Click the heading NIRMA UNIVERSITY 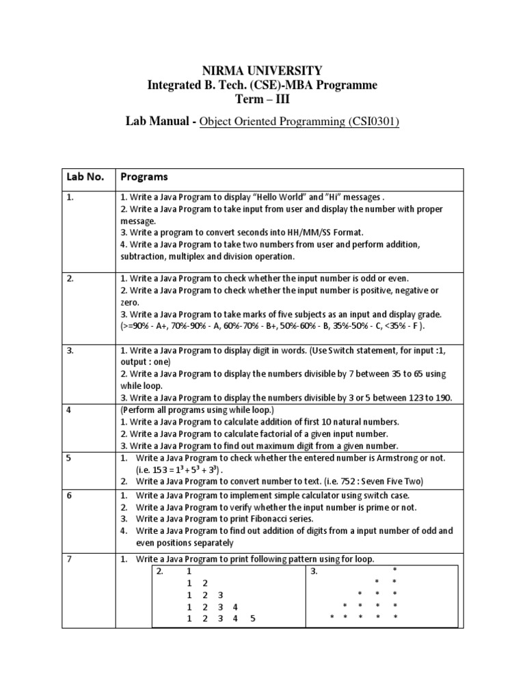point(262,71)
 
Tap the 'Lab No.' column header point(86,176)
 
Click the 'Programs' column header point(144,176)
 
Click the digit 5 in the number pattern point(252,619)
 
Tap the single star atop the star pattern point(394,570)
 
